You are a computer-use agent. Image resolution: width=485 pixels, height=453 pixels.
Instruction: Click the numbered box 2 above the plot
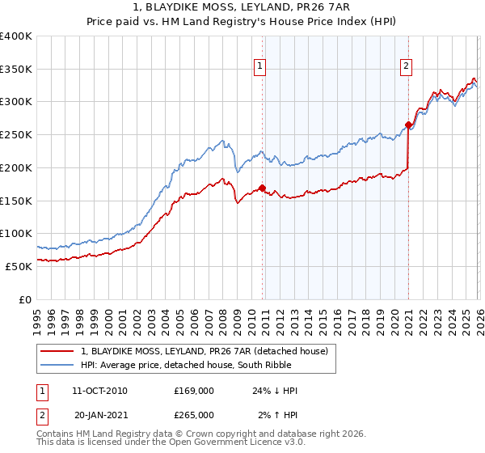click(x=406, y=67)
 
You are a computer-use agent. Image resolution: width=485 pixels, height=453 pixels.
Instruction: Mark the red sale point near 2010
click(x=263, y=188)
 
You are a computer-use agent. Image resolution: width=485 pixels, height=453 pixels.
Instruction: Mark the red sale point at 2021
click(x=408, y=125)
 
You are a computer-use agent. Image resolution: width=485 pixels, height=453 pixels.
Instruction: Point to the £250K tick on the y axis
click(x=16, y=134)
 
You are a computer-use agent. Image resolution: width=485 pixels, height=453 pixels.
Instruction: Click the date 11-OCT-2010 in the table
click(x=99, y=391)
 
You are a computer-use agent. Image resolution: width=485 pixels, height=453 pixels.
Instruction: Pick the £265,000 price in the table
click(x=194, y=414)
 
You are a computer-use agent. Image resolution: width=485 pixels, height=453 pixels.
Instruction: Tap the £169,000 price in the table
click(x=194, y=391)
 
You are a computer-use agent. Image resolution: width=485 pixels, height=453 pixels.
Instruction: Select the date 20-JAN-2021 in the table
click(x=99, y=414)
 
